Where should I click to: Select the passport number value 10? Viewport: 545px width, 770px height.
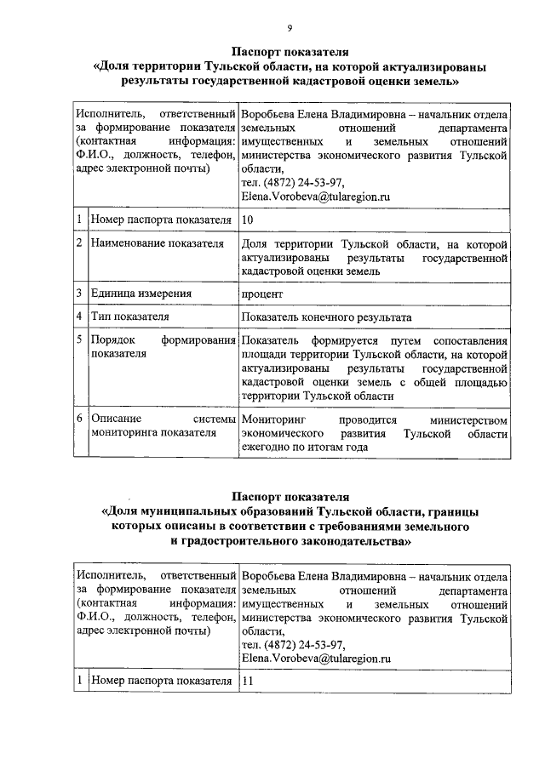click(248, 220)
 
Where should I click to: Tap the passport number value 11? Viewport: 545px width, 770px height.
click(248, 681)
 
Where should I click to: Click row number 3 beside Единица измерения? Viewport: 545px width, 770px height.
click(77, 294)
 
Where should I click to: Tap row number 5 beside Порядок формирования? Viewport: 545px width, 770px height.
click(77, 340)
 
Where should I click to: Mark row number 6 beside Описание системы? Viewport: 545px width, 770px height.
click(77, 419)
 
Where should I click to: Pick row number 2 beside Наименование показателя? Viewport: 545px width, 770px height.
click(77, 243)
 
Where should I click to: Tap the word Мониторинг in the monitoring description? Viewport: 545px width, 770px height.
click(273, 419)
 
